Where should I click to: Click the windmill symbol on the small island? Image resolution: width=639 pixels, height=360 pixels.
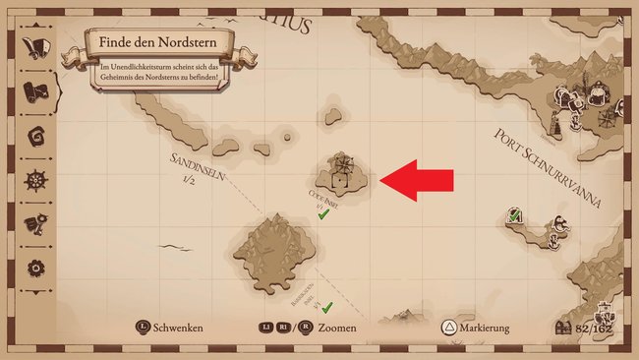[x=340, y=161]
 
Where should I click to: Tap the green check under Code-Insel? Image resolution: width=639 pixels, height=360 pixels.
[x=322, y=213]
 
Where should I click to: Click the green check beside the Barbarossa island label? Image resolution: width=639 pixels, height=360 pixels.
[x=327, y=307]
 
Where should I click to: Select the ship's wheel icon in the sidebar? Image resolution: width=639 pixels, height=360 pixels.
[x=36, y=180]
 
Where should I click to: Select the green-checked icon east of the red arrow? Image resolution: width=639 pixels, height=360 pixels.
[x=513, y=215]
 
